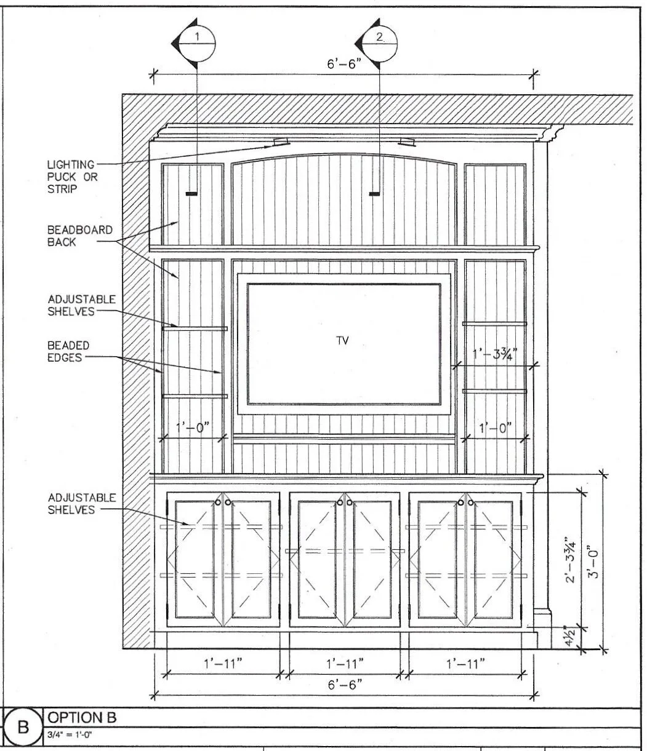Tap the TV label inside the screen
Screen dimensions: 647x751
coord(343,340)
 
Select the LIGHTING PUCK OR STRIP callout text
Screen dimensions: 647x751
coord(71,177)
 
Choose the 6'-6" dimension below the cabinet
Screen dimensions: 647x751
coord(345,684)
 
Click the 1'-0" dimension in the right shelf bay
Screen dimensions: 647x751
coord(495,428)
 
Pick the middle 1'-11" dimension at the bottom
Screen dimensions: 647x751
coord(345,664)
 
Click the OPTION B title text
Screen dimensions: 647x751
coord(82,717)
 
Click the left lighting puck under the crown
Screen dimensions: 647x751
coord(281,143)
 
